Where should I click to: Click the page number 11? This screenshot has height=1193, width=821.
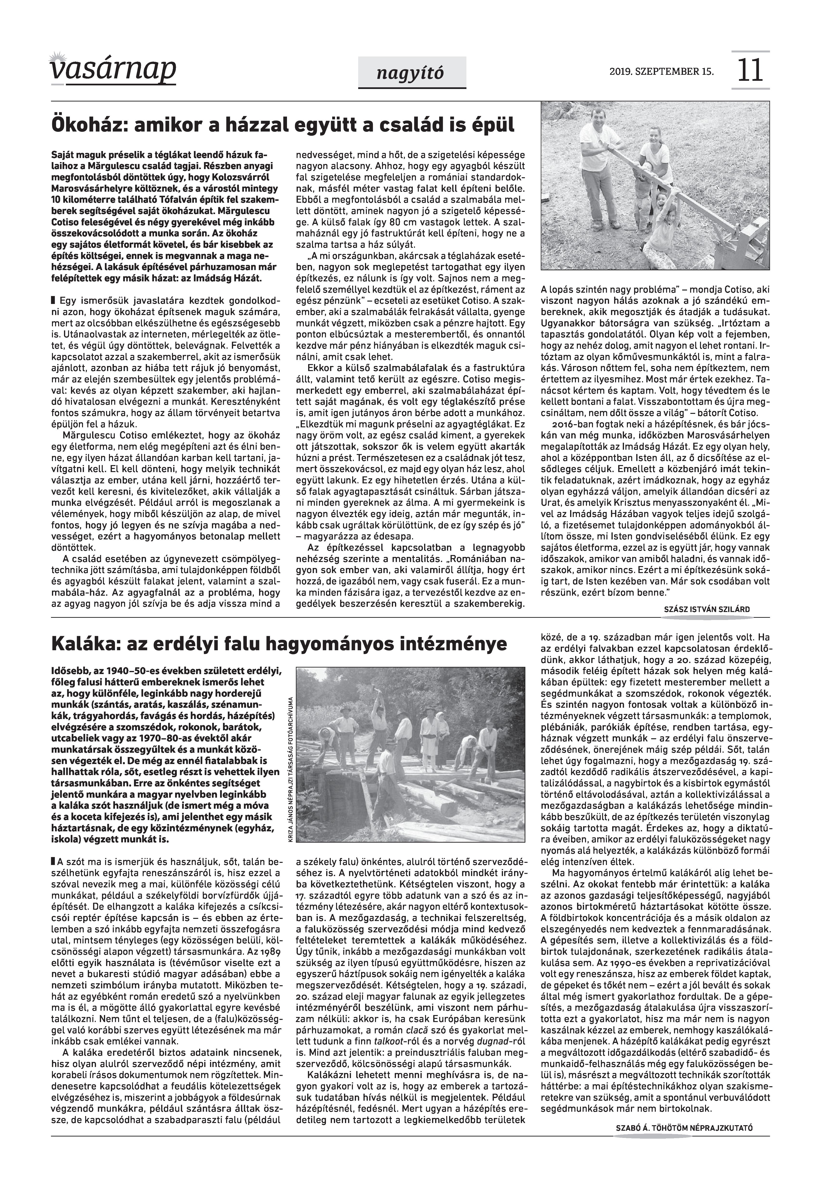pos(751,71)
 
